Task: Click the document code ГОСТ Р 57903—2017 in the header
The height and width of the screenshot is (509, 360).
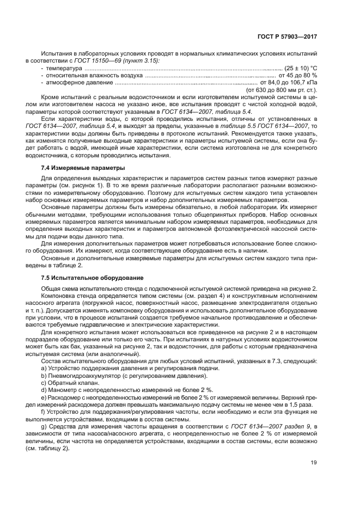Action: click(291, 37)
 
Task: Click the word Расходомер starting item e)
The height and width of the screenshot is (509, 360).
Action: click(64, 397)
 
